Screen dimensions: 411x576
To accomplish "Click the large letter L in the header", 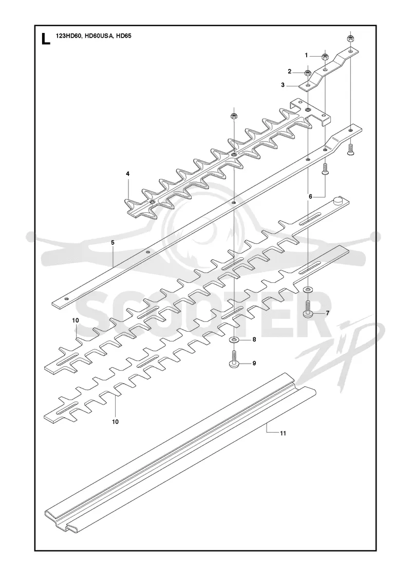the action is click(46, 39).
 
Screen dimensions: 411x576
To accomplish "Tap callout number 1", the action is click(306, 56).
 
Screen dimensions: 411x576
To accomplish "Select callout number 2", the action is click(290, 71).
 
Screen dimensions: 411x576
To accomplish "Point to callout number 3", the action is click(283, 85).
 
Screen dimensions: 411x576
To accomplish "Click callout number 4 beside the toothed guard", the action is click(128, 173).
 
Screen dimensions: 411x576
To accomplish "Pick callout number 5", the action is click(113, 242).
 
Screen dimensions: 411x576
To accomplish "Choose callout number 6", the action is click(310, 196).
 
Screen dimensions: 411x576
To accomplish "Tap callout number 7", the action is click(328, 313).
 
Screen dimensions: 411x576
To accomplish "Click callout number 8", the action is click(254, 340).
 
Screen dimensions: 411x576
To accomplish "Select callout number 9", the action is click(254, 363).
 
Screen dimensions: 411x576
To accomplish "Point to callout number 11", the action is click(283, 433).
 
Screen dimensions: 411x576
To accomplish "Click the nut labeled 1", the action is click(325, 57).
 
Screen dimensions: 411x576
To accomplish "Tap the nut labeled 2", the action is click(308, 72).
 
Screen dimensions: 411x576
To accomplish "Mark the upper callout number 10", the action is click(75, 320).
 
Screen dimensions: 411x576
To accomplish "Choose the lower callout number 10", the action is click(115, 422).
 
